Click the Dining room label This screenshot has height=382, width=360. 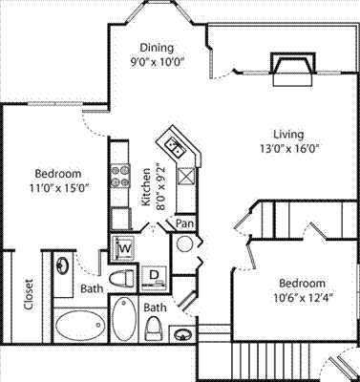tap(158, 48)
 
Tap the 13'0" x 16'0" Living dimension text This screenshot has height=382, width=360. tap(289, 149)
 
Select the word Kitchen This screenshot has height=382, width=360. tap(146, 187)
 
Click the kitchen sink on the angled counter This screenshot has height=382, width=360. tap(175, 147)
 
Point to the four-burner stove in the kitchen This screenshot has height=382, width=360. tap(120, 176)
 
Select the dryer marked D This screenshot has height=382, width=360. tap(154, 278)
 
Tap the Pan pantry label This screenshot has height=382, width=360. tap(185, 223)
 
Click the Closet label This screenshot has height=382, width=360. tap(29, 294)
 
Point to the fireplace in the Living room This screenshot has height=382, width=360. tap(292, 69)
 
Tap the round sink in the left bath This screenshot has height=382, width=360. tap(62, 265)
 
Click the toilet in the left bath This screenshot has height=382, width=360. tap(122, 279)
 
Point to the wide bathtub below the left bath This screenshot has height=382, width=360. tap(80, 325)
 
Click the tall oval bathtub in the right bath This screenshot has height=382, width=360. tap(124, 319)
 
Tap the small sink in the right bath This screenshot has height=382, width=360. tap(182, 334)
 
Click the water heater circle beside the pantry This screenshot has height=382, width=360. tap(184, 244)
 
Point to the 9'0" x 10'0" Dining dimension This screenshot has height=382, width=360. tap(158, 61)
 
